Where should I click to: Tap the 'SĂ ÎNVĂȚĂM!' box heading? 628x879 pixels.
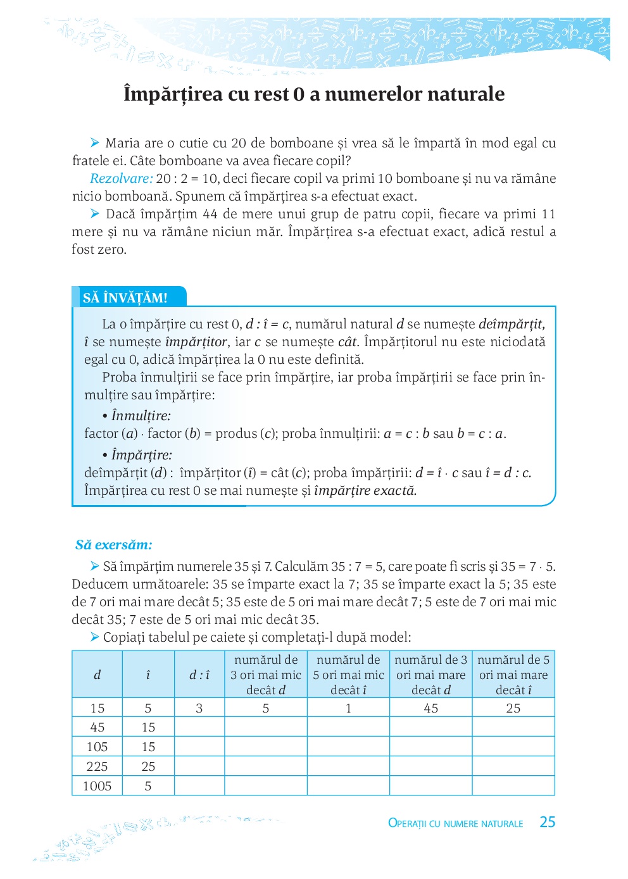pyautogui.click(x=125, y=298)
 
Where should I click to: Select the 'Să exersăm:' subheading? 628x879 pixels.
pyautogui.click(x=114, y=545)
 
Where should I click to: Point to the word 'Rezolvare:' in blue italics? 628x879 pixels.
pyautogui.click(x=122, y=178)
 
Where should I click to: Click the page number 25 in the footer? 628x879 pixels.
pyautogui.click(x=547, y=822)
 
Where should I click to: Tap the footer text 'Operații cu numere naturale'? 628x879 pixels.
pyautogui.click(x=455, y=823)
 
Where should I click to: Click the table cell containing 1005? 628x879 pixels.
pyautogui.click(x=97, y=786)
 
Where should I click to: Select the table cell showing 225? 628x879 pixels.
pyautogui.click(x=97, y=766)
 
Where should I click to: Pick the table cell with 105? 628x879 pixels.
pyautogui.click(x=97, y=747)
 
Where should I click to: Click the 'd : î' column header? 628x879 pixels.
pyautogui.click(x=199, y=675)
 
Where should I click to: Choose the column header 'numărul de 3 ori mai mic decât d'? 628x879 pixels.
pyautogui.click(x=266, y=675)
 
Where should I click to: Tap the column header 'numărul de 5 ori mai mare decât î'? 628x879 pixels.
pyautogui.click(x=513, y=675)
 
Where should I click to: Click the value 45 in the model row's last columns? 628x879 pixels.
pyautogui.click(x=431, y=708)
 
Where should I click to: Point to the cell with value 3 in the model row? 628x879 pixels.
pyautogui.click(x=199, y=708)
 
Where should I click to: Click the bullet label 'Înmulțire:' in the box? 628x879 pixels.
pyautogui.click(x=141, y=416)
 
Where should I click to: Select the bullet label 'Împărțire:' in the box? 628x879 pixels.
pyautogui.click(x=141, y=455)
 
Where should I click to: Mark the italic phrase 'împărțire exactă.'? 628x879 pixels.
pyautogui.click(x=365, y=490)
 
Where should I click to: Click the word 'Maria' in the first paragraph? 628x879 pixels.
pyautogui.click(x=122, y=143)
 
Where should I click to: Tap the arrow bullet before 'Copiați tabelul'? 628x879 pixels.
pyautogui.click(x=95, y=637)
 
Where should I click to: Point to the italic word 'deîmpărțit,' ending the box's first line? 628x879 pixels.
pyautogui.click(x=512, y=324)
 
